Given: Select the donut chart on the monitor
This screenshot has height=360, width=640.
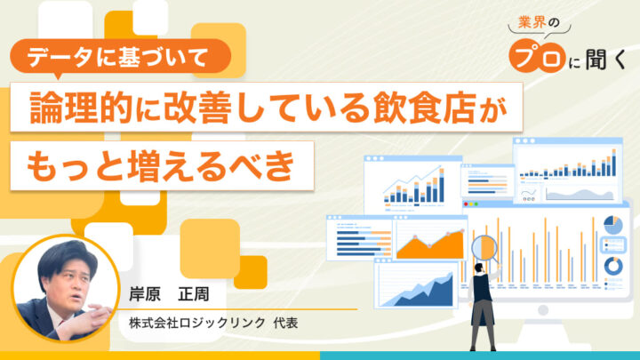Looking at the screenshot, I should pos(612,266).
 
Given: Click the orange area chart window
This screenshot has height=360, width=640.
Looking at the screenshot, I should pos(431,238).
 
